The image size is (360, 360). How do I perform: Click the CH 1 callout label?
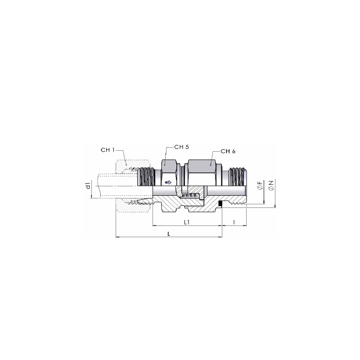(x=108, y=150)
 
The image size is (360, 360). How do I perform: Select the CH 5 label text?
(x=182, y=147)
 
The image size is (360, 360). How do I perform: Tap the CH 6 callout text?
(x=228, y=151)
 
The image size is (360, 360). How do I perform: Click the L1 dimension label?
(x=187, y=222)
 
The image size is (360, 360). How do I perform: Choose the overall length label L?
(x=169, y=234)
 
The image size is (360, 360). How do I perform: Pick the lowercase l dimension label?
(x=234, y=222)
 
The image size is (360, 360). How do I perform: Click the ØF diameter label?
(x=260, y=185)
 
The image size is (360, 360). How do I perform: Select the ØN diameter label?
(x=271, y=185)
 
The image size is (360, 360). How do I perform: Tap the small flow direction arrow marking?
(x=168, y=183)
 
